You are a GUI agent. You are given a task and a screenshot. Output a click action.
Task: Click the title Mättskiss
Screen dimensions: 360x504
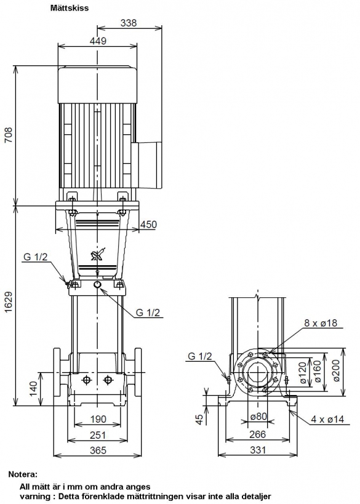[x=70, y=8]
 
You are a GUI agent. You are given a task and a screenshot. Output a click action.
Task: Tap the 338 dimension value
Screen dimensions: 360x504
[x=129, y=23]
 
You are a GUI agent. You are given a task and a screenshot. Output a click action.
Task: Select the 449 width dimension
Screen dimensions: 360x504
[x=98, y=41]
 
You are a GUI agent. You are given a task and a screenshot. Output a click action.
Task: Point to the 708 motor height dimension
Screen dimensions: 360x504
[x=9, y=135]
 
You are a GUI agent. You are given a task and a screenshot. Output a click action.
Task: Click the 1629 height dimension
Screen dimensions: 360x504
[x=9, y=302]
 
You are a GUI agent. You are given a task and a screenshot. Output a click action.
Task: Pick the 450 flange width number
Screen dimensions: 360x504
[x=148, y=225]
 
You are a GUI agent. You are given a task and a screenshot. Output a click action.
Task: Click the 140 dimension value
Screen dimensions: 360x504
[x=33, y=389]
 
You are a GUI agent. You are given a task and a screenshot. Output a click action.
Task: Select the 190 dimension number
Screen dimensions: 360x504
[x=98, y=419]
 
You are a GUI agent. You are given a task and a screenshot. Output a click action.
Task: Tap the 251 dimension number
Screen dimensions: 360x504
[x=98, y=435]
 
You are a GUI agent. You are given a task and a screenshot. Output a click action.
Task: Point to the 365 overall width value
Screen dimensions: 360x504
[x=98, y=450]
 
